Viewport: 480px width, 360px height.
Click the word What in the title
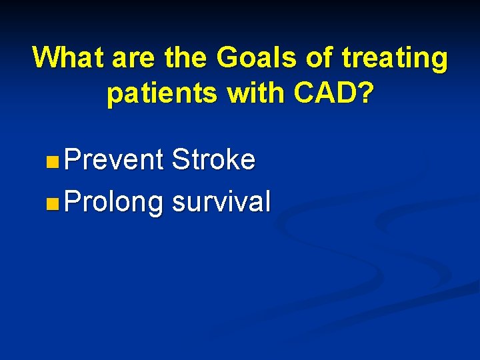click(69, 58)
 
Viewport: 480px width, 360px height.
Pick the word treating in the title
click(395, 59)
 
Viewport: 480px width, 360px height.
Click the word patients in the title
click(162, 95)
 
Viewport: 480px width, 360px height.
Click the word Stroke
click(213, 160)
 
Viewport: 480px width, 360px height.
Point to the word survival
click(221, 201)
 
